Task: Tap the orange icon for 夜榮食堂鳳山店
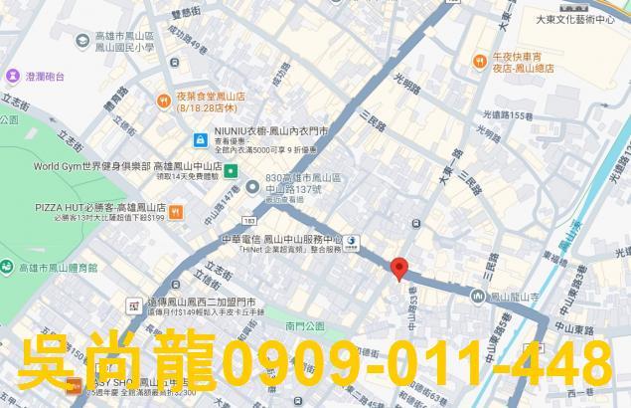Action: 163,100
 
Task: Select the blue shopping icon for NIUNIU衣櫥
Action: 201,139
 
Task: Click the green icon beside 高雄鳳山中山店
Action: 231,171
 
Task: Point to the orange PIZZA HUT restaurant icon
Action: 176,211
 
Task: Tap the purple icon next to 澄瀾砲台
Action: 12,76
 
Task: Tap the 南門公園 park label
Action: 304,325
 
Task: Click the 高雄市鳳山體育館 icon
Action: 8,268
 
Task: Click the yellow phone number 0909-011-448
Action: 417,364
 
